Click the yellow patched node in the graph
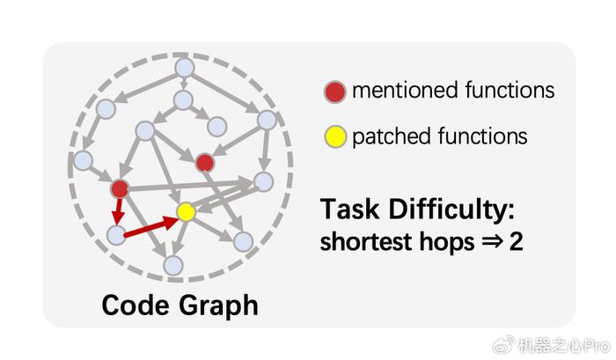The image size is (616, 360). click(186, 211)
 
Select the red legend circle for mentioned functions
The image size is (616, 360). click(335, 92)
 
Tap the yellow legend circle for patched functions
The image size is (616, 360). click(335, 136)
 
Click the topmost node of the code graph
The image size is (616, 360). click(184, 68)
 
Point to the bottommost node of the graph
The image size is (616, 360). click(173, 265)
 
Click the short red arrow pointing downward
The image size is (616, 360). click(118, 211)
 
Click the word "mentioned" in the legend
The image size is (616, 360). click(406, 90)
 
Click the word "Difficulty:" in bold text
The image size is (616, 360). click(451, 209)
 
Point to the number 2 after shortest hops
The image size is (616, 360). click(516, 241)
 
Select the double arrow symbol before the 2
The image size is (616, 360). click(492, 241)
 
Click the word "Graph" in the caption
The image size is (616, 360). click(218, 305)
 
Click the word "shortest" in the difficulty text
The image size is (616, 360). click(367, 241)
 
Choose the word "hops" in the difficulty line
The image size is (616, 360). click(447, 242)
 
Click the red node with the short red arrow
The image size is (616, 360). click(120, 189)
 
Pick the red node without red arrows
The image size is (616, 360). click(205, 163)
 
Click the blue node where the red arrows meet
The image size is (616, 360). click(116, 235)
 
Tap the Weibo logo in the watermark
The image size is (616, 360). click(503, 345)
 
